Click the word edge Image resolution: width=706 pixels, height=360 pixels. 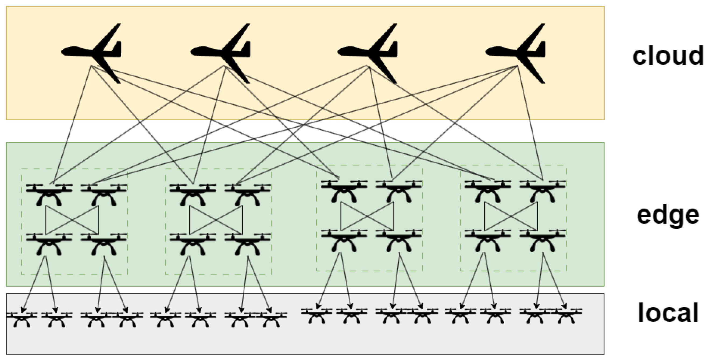click(668, 216)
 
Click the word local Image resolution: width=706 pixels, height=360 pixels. click(668, 313)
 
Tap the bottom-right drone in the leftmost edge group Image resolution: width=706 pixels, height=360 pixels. click(104, 244)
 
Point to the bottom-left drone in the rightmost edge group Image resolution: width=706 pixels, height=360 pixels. click(488, 240)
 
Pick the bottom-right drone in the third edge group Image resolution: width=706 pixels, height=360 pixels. click(399, 240)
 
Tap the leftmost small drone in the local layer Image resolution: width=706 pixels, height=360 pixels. click(22, 319)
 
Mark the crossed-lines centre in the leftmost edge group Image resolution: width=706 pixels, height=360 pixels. click(72, 220)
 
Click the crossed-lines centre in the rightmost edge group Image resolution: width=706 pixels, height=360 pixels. click(511, 217)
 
